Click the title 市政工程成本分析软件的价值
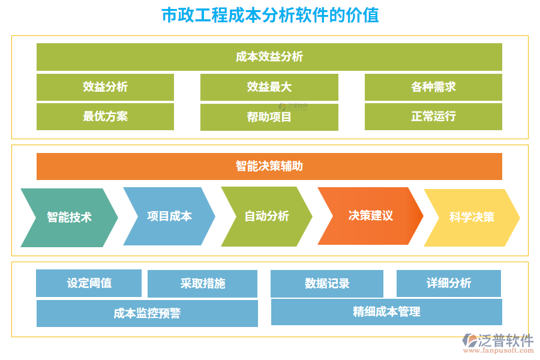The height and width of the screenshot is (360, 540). [270, 15]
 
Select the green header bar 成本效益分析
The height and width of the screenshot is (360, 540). [269, 57]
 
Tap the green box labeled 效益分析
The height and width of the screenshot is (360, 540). [105, 87]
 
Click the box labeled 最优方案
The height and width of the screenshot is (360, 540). [105, 116]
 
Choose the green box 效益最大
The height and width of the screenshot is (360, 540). [269, 87]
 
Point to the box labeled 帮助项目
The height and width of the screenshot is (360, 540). [269, 117]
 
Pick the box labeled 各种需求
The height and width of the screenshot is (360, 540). [433, 87]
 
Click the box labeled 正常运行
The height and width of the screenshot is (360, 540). [433, 116]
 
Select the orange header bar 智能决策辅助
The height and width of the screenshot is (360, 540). [269, 166]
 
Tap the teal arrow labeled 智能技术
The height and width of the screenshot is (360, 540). [69, 217]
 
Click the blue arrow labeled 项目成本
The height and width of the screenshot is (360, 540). [169, 216]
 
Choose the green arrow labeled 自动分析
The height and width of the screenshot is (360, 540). [266, 216]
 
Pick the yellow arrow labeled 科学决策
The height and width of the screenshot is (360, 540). [472, 217]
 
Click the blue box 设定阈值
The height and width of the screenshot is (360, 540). [89, 283]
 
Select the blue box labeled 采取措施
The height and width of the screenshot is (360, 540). [202, 284]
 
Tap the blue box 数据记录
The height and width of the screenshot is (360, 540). [326, 284]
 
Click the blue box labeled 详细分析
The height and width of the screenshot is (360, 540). [448, 283]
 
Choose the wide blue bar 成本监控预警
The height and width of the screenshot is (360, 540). [147, 313]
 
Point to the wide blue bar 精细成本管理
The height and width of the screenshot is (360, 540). [386, 312]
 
